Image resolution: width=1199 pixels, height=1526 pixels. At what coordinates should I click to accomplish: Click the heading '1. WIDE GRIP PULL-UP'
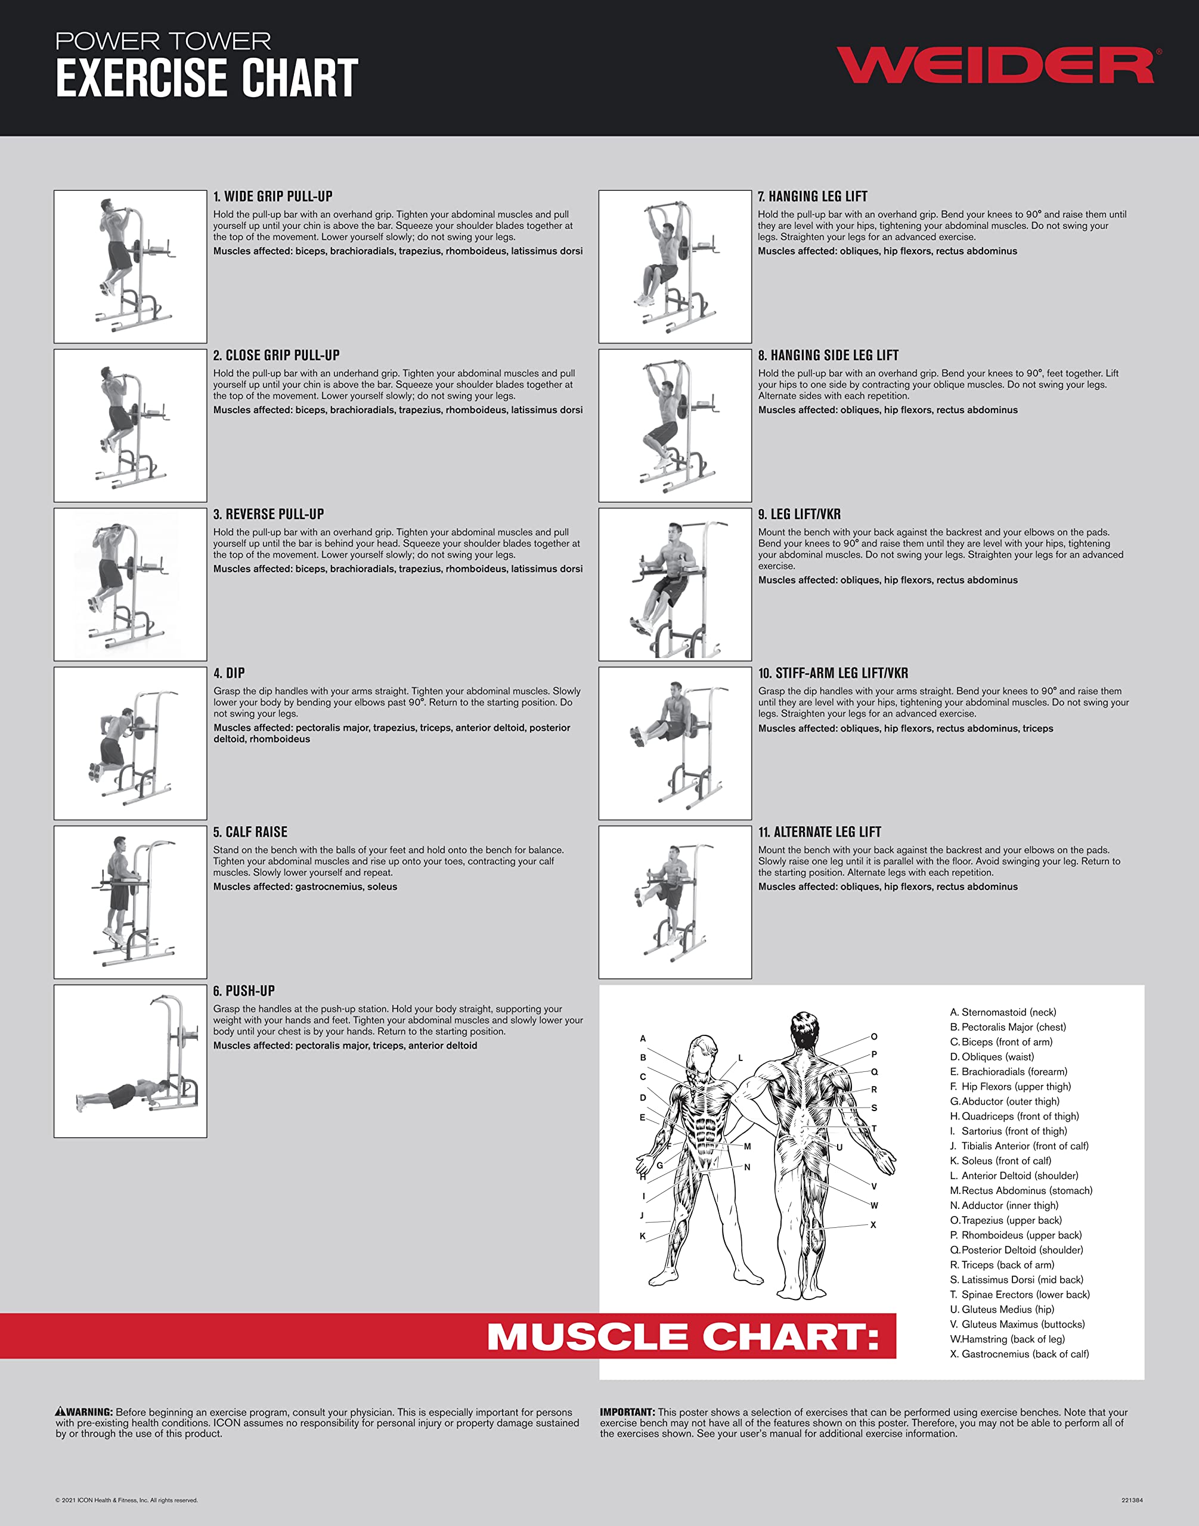pos(272,197)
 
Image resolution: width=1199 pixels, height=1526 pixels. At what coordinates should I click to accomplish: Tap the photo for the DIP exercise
pos(131,743)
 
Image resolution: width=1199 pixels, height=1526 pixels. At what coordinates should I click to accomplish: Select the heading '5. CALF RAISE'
pos(250,832)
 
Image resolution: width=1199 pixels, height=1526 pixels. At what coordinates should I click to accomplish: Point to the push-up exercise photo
pos(131,1060)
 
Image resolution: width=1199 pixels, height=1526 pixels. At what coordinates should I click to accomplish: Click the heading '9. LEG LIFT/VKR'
pos(799,514)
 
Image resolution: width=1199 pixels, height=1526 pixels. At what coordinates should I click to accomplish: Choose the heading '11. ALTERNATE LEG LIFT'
pos(819,832)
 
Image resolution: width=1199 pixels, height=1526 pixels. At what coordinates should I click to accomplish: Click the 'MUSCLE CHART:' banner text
pos(683,1336)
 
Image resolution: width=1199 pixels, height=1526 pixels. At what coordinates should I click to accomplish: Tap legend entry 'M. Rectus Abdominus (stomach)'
pos(1021,1190)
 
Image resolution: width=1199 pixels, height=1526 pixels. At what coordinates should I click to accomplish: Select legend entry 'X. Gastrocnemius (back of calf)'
pos(1020,1354)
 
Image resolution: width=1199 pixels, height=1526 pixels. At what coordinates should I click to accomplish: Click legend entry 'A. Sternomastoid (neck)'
pos(1002,1012)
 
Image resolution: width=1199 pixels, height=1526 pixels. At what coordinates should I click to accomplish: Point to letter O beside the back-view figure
pos(874,1036)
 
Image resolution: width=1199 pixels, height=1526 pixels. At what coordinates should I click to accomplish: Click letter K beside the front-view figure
pos(642,1236)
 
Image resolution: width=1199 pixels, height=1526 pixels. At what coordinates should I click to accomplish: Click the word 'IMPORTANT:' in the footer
pos(627,1412)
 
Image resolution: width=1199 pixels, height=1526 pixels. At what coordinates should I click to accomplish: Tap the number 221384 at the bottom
pos(1132,1500)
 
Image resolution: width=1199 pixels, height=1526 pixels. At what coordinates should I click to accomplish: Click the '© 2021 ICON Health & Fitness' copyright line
pos(126,1500)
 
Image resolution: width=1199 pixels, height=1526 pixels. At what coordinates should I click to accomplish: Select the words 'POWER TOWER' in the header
pos(163,41)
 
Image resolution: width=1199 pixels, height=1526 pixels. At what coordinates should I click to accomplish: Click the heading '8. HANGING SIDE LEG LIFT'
pos(828,355)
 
